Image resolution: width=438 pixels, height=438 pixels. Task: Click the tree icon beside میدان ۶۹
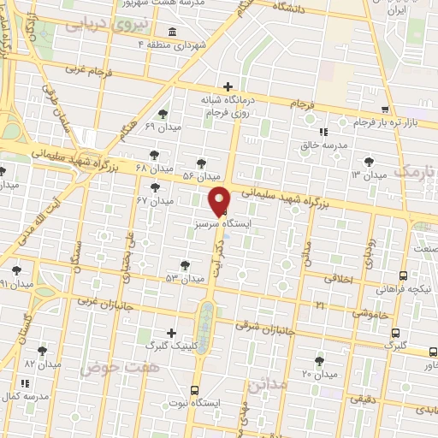point(163,113)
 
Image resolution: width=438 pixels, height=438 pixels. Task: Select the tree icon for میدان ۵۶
point(201,162)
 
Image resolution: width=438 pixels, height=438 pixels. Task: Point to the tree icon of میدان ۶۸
point(154,155)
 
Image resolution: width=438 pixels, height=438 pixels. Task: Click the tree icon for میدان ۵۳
point(183,265)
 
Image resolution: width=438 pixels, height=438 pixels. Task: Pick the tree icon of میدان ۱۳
point(369,161)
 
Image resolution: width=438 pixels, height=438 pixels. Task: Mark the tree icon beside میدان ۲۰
point(319,361)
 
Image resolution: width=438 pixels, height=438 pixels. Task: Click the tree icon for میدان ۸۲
point(42,351)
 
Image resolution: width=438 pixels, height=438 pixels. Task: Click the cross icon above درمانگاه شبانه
point(228,86)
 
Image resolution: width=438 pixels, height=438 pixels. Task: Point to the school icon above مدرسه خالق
point(323,132)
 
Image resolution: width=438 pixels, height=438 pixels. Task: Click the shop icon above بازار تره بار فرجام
point(386,109)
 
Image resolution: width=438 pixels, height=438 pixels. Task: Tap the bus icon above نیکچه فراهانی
point(403,275)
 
